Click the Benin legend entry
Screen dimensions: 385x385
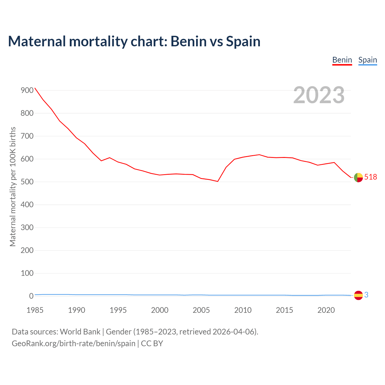(342, 60)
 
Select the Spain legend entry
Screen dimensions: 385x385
(368, 60)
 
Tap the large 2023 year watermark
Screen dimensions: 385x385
(319, 95)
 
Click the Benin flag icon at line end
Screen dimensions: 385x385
(358, 177)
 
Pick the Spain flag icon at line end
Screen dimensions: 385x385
(358, 295)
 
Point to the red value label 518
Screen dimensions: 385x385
(371, 177)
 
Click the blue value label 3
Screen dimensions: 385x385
(366, 295)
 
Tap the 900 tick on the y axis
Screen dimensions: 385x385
(27, 91)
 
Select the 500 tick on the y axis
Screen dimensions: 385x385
(27, 182)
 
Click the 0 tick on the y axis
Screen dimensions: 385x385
(31, 296)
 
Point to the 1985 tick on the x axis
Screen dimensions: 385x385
(35, 310)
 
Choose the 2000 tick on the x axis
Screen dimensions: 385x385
(160, 310)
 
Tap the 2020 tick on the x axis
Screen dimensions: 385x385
(326, 310)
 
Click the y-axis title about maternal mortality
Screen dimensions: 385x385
(13, 186)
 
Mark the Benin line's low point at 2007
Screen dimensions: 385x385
(218, 181)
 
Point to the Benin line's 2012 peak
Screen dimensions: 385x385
(259, 155)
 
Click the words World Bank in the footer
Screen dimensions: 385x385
(80, 332)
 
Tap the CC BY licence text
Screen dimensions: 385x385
(152, 343)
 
